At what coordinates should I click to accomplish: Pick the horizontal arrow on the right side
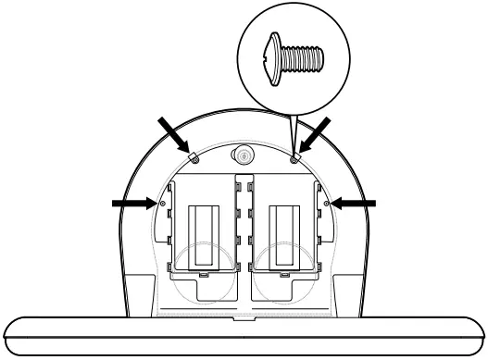(356, 201)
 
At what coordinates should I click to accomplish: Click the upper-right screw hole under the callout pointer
(294, 158)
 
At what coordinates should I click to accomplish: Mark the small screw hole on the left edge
(163, 202)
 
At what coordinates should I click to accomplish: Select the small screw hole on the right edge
(325, 202)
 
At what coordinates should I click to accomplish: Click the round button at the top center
(244, 154)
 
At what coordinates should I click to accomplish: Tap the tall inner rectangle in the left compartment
(203, 236)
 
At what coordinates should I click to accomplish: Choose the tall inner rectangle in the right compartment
(284, 236)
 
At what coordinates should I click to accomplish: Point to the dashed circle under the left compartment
(202, 277)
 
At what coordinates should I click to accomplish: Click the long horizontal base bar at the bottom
(244, 333)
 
